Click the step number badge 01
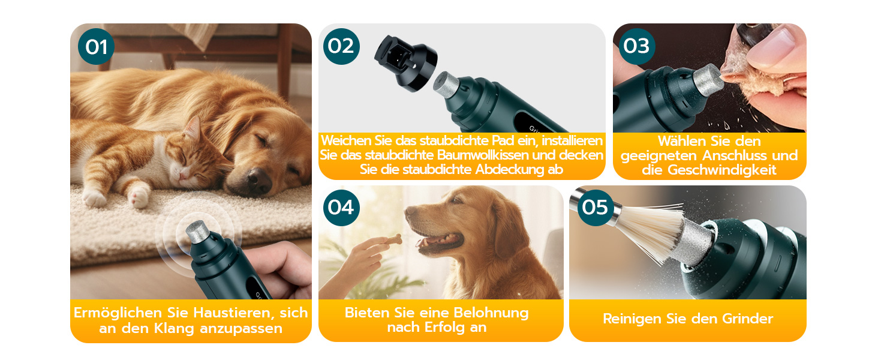pyautogui.click(x=96, y=47)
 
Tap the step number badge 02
pyautogui.click(x=341, y=46)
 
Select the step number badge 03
pyautogui.click(x=636, y=46)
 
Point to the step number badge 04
pyautogui.click(x=341, y=208)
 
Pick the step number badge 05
pyautogui.click(x=595, y=208)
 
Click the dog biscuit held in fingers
pyautogui.click(x=392, y=238)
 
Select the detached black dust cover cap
pyautogui.click(x=405, y=63)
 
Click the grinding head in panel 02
pyautogui.click(x=446, y=84)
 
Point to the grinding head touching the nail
pyautogui.click(x=708, y=80)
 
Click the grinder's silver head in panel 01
pyautogui.click(x=197, y=232)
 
